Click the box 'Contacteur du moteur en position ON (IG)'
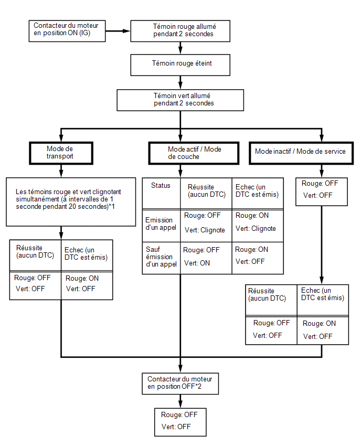point(67,31)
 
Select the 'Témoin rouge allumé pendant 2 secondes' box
point(180,31)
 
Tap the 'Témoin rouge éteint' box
point(180,65)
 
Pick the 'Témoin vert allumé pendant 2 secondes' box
point(180,100)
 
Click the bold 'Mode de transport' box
point(61,153)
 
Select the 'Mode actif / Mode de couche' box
point(194,153)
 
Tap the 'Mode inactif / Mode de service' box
point(301,153)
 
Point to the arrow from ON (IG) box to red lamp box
point(118,31)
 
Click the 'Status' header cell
point(162,194)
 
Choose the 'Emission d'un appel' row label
point(162,226)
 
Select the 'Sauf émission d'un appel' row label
point(162,258)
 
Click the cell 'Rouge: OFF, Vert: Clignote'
point(206,226)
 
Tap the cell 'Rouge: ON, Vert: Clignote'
point(258,226)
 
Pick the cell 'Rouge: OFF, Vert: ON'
point(206,258)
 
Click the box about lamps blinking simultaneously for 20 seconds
point(71,202)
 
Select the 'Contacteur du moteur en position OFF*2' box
point(180,384)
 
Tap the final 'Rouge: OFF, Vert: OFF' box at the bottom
point(180,422)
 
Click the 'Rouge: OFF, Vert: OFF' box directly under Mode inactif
point(322,192)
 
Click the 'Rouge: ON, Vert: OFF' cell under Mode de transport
point(87,285)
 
